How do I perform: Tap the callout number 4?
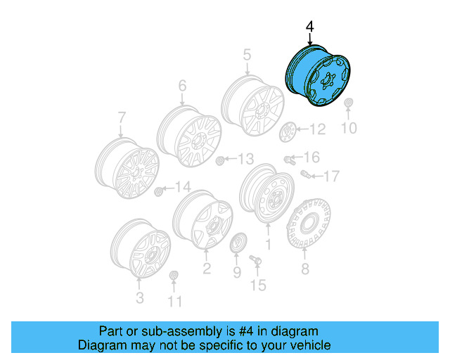pyautogui.click(x=309, y=27)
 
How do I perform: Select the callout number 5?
pyautogui.click(x=247, y=55)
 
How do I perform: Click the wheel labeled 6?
pyautogui.click(x=188, y=135)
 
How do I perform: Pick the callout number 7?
pyautogui.click(x=121, y=117)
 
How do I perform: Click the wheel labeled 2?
pyautogui.click(x=202, y=219)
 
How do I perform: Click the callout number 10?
pyautogui.click(x=349, y=128)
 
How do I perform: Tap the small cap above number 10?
pyautogui.click(x=349, y=106)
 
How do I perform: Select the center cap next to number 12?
pyautogui.click(x=288, y=131)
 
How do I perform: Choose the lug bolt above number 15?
pyautogui.click(x=255, y=262)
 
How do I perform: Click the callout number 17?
pyautogui.click(x=331, y=175)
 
